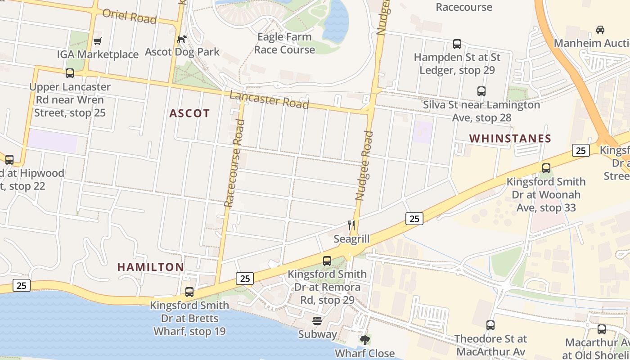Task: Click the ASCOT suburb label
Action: click(x=189, y=113)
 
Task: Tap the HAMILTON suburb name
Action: click(x=151, y=267)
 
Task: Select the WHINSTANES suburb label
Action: click(x=510, y=139)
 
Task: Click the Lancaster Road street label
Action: click(x=269, y=99)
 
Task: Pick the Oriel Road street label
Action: click(x=130, y=16)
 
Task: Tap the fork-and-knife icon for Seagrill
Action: click(x=351, y=225)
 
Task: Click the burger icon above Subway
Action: click(x=317, y=321)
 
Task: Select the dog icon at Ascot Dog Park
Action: click(x=182, y=39)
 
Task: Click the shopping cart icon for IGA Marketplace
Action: click(x=98, y=41)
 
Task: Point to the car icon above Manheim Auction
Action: click(x=600, y=30)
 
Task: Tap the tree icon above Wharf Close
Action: click(x=364, y=340)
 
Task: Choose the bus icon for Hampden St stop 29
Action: click(x=457, y=44)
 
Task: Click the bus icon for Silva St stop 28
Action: click(x=481, y=91)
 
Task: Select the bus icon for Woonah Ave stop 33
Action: click(x=546, y=168)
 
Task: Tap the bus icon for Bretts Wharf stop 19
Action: click(x=189, y=292)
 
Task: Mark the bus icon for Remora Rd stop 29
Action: click(x=327, y=261)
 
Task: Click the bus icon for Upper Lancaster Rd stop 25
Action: click(x=70, y=73)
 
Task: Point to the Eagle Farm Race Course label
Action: click(x=284, y=43)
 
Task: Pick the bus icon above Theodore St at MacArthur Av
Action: click(x=490, y=325)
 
